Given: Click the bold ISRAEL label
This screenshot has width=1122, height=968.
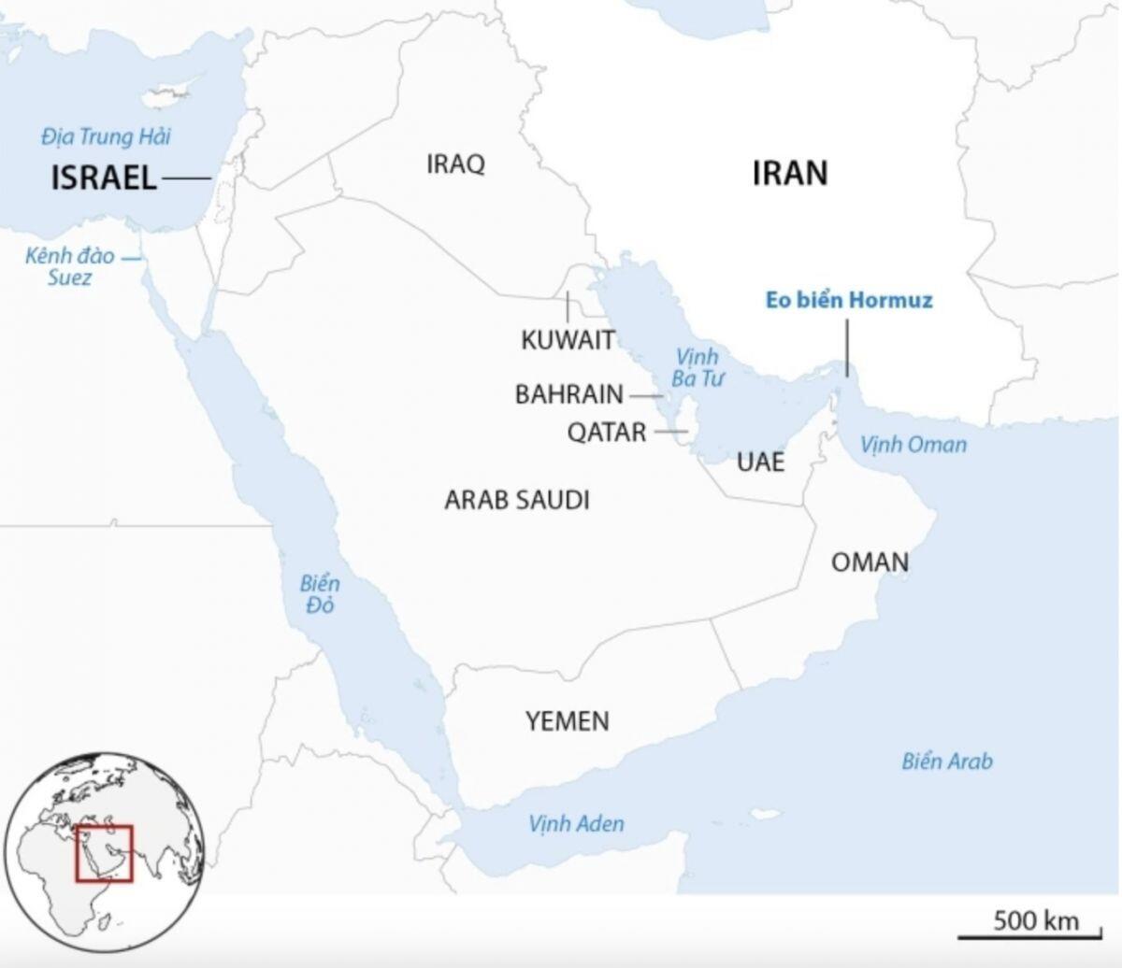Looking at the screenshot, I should point(103,178).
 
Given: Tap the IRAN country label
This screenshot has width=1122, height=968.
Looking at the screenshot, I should point(790,173).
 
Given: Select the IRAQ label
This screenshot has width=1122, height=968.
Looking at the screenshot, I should point(455,165).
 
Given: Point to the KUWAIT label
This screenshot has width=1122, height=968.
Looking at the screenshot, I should point(568,339).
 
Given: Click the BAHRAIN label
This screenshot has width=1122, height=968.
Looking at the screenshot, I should point(568,394).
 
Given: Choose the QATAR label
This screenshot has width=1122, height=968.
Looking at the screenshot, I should point(607,433).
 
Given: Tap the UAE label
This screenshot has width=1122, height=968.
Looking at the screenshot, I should point(760,462).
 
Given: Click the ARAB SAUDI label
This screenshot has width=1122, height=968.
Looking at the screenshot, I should point(516,501).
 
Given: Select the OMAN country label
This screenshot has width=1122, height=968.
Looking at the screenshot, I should point(870,562).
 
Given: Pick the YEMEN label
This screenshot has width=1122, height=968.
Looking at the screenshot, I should point(567,721).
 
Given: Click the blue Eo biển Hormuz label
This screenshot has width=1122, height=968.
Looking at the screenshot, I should point(849,301).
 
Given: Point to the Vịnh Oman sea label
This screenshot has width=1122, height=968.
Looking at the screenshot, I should point(913,444).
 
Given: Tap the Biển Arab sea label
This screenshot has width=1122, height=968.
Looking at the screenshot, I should point(947,762).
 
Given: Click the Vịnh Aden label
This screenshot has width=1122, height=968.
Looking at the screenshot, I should point(576,824).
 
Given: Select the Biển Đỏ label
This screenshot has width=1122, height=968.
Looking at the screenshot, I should point(320,595).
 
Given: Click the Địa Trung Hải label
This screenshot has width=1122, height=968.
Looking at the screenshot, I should point(106,137).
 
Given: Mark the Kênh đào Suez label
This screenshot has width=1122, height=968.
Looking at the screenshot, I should point(70,266).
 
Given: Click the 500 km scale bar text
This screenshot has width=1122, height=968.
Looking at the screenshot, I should point(1036,920).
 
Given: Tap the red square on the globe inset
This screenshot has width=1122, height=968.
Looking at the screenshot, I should point(105,853).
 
